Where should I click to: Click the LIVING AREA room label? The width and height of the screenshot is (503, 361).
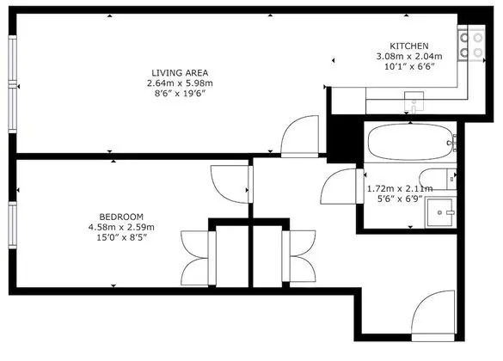(x=180, y=73)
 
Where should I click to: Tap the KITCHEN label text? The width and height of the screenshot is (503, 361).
(x=409, y=46)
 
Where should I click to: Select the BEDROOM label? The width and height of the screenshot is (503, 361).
(x=121, y=217)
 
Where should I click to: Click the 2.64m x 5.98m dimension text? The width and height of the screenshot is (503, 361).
(x=180, y=83)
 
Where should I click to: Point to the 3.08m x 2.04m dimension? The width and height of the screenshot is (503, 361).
(x=409, y=57)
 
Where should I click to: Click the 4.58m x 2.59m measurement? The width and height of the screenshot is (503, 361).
(x=121, y=227)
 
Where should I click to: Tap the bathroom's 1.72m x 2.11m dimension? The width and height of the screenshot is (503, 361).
(x=400, y=188)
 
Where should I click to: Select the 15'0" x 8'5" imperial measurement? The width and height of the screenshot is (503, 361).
(x=121, y=238)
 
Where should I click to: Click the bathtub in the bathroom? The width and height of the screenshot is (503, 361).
(x=412, y=142)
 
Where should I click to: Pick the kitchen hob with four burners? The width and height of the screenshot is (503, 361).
(x=471, y=45)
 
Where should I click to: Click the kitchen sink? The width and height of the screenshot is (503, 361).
(x=414, y=102)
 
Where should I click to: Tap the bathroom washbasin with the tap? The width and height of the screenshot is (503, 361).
(x=440, y=212)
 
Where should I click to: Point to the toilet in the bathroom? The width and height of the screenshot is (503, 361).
(x=438, y=179)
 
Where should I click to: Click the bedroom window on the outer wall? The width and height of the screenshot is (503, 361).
(x=13, y=225)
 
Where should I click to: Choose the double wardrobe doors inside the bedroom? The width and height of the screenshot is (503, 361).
(x=194, y=258)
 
